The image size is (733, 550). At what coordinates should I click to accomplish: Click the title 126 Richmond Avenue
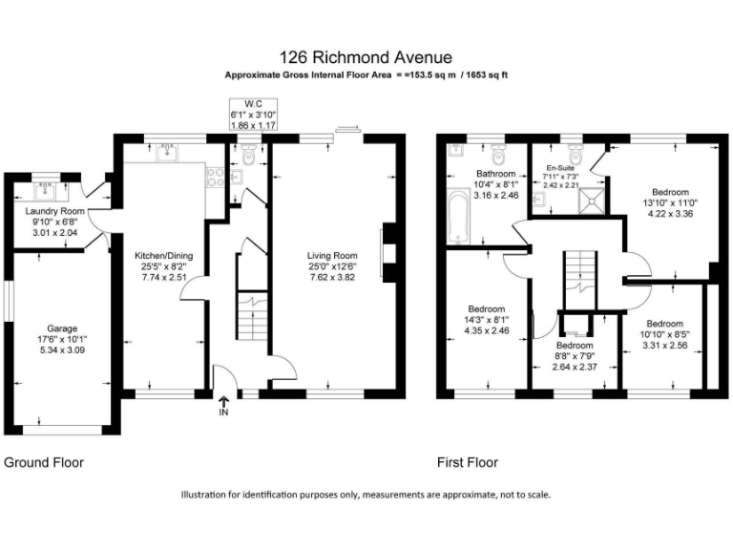pyautogui.click(x=366, y=58)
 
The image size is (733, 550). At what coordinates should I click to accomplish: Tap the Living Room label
pyautogui.click(x=331, y=255)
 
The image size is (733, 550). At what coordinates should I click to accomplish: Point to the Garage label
pyautogui.click(x=62, y=328)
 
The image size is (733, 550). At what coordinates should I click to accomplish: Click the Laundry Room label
pyautogui.click(x=54, y=211)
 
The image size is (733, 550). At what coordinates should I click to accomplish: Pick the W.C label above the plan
pyautogui.click(x=253, y=103)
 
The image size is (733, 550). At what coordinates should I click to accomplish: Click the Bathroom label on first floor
pyautogui.click(x=495, y=174)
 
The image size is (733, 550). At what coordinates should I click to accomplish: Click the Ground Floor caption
pyautogui.click(x=44, y=463)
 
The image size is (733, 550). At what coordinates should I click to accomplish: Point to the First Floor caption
pyautogui.click(x=468, y=463)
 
